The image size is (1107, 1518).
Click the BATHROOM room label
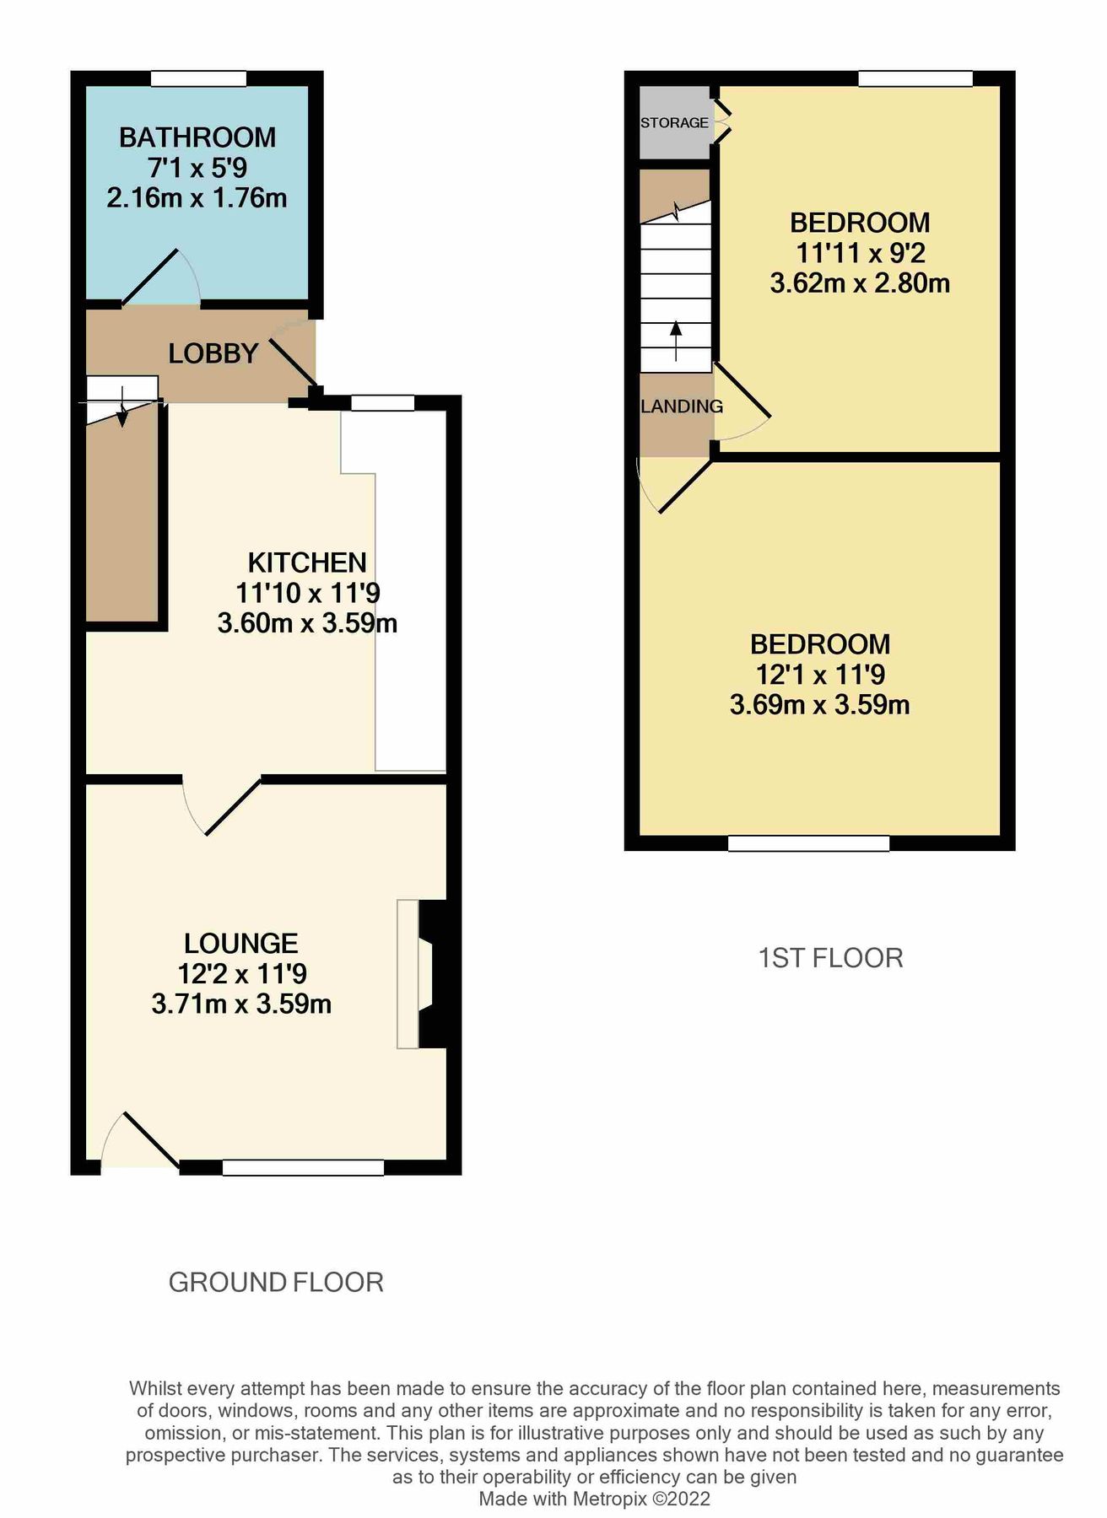click(x=197, y=137)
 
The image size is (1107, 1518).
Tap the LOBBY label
click(x=213, y=353)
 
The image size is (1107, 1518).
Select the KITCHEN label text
click(x=307, y=563)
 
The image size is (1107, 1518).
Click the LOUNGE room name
click(x=241, y=943)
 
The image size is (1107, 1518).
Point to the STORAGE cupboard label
click(x=674, y=123)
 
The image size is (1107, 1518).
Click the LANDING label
click(x=681, y=406)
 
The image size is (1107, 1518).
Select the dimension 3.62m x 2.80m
click(x=859, y=283)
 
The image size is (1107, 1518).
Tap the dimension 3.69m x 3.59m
click(x=819, y=704)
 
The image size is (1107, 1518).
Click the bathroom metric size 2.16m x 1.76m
click(x=197, y=198)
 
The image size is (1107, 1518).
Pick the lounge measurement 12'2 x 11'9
click(x=241, y=974)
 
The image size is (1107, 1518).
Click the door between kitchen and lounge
click(x=221, y=805)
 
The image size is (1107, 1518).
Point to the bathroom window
click(x=198, y=78)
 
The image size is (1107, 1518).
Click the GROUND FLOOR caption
click(x=276, y=1283)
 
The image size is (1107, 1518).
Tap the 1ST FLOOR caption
click(x=830, y=958)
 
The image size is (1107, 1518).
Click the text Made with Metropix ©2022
click(x=594, y=1499)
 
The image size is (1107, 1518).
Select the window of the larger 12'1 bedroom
click(x=808, y=842)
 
